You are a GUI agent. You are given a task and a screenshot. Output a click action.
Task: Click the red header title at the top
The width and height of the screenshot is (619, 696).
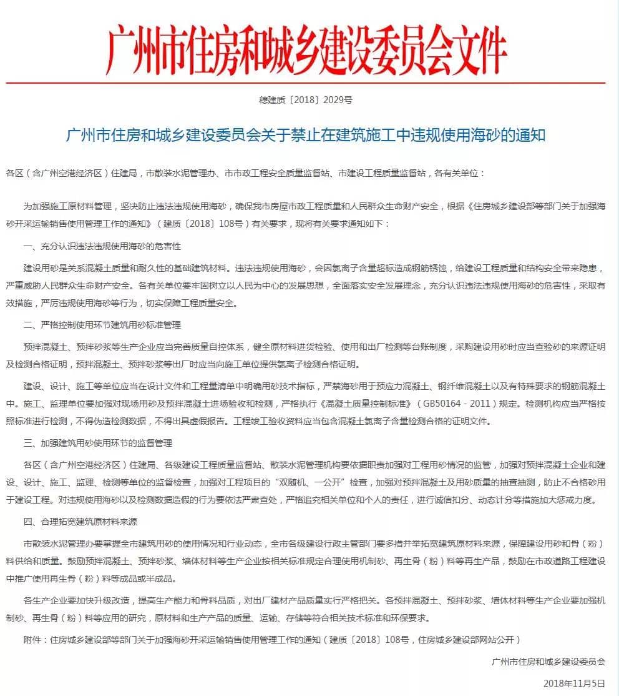[306, 48]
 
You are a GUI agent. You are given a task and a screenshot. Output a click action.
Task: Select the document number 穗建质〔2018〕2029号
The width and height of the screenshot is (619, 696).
[306, 100]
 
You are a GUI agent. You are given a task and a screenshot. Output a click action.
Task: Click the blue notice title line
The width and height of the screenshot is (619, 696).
[306, 135]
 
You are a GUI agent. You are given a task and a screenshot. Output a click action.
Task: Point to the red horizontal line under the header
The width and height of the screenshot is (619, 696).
[306, 82]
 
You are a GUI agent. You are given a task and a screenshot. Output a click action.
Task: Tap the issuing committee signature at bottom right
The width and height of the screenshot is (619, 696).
[548, 660]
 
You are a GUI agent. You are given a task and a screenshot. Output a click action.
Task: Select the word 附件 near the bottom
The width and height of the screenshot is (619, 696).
[32, 640]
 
